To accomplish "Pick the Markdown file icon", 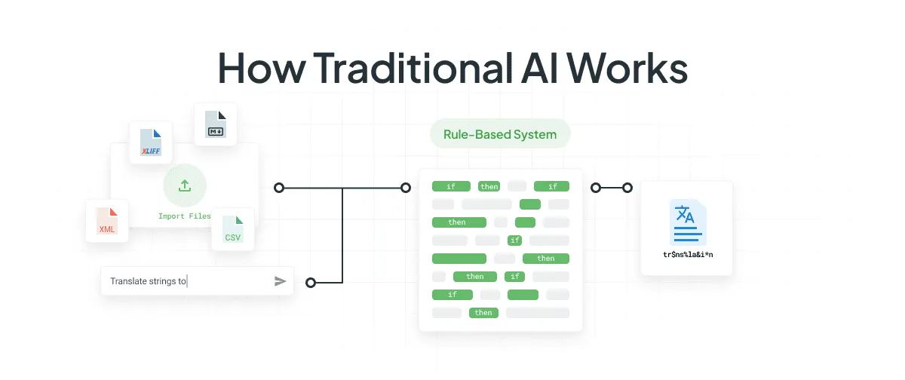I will click(216, 125).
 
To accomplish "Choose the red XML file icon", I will click(107, 221).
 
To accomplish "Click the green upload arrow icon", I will click(185, 185).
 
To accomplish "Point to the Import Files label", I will click(184, 216).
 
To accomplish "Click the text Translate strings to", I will click(148, 281).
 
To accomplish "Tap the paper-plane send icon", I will click(280, 281).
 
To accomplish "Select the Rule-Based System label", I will click(500, 135).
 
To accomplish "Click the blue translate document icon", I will click(686, 218).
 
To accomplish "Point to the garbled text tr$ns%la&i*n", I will click(687, 255).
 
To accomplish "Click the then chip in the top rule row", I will click(489, 186).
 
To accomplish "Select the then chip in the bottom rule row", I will click(483, 312).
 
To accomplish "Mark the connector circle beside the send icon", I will click(310, 283).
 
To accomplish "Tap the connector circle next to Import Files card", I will click(279, 187).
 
